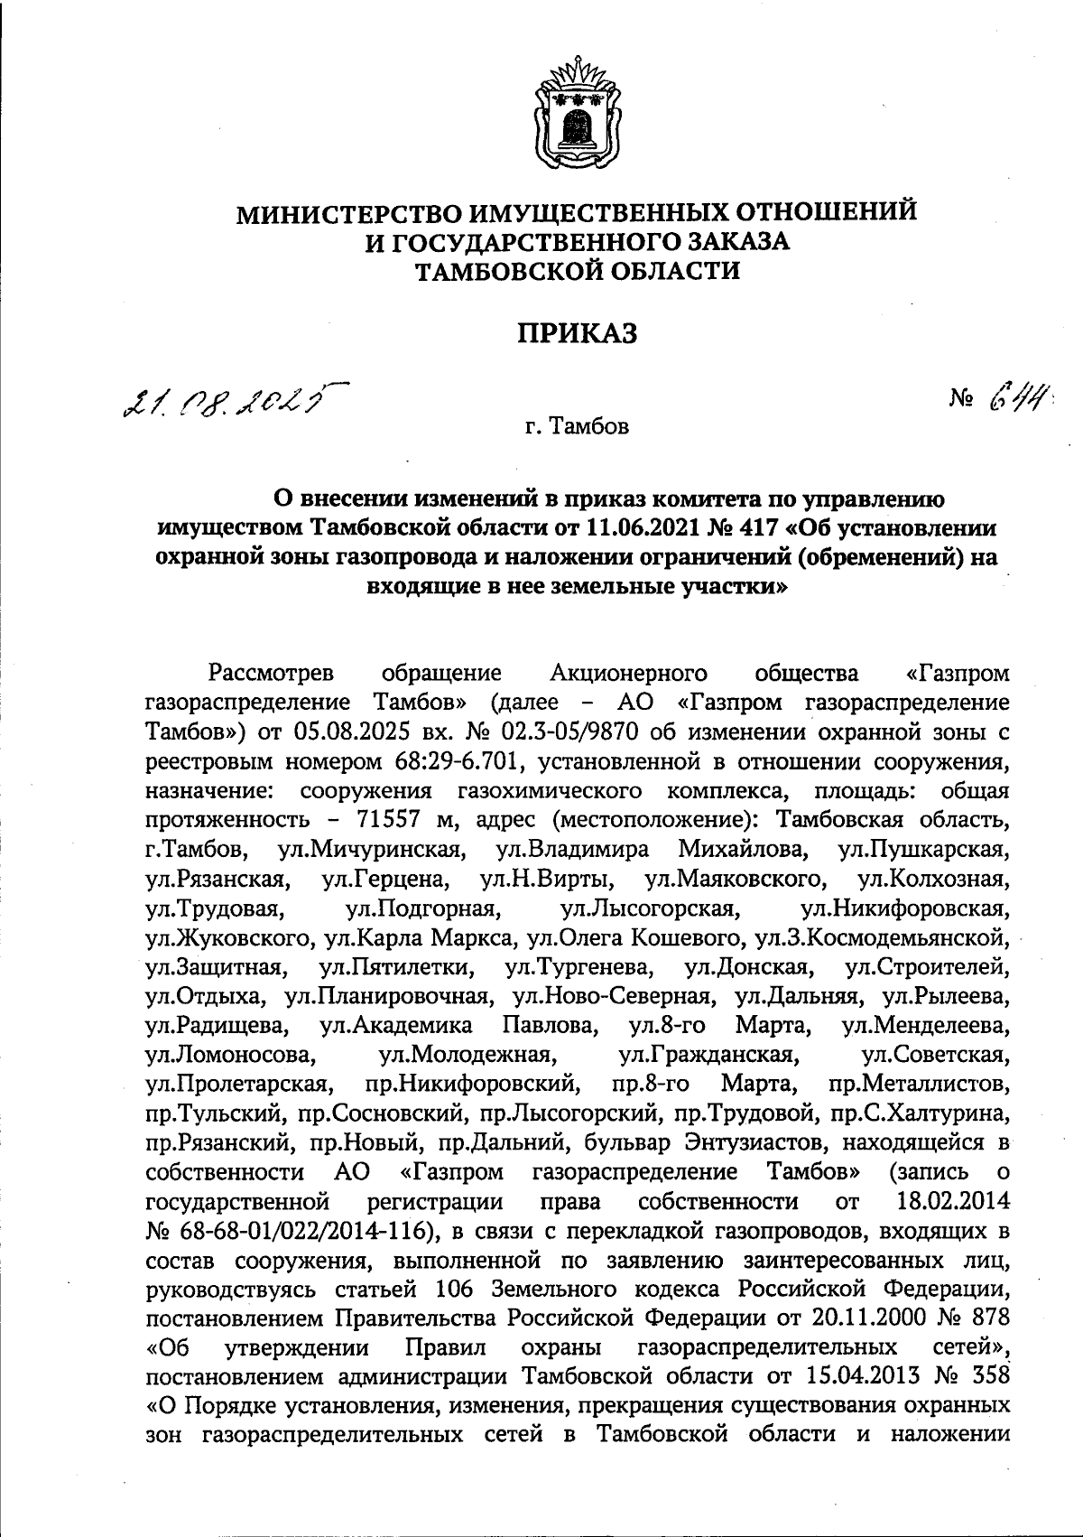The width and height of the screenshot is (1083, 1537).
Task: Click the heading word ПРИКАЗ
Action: (577, 333)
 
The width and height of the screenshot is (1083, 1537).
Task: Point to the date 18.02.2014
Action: (954, 1200)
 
